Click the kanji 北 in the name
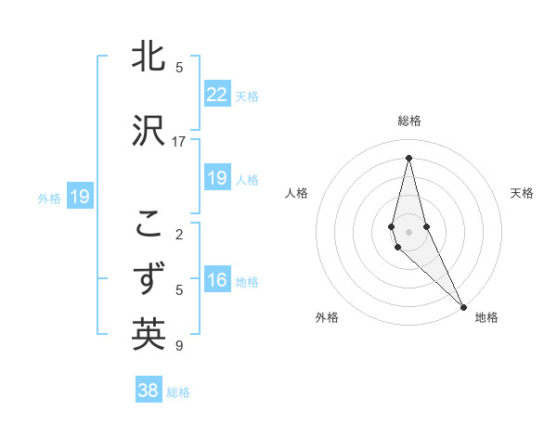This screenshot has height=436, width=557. point(149,58)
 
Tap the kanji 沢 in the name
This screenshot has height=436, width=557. point(149,131)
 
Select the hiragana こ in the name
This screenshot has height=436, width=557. point(149,224)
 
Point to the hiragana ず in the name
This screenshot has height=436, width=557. point(149,279)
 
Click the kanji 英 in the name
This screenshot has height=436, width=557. point(149,334)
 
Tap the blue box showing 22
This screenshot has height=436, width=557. point(216,94)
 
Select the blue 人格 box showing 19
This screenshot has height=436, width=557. point(216,178)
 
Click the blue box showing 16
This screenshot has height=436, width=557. point(216,280)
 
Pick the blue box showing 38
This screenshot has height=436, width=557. point(149,391)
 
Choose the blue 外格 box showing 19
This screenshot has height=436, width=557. point(79,197)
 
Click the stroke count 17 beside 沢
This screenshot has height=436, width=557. point(179,141)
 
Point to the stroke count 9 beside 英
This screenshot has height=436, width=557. point(178,346)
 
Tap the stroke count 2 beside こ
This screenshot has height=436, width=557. point(178,234)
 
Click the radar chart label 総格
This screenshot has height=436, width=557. point(409,121)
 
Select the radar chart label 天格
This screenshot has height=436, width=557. point(522,193)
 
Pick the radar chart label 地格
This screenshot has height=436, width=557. point(486,317)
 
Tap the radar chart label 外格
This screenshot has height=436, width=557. point(327,317)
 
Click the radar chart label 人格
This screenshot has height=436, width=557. point(297,193)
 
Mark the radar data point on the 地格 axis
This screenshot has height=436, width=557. point(462,305)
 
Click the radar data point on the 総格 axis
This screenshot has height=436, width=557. point(408,158)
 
